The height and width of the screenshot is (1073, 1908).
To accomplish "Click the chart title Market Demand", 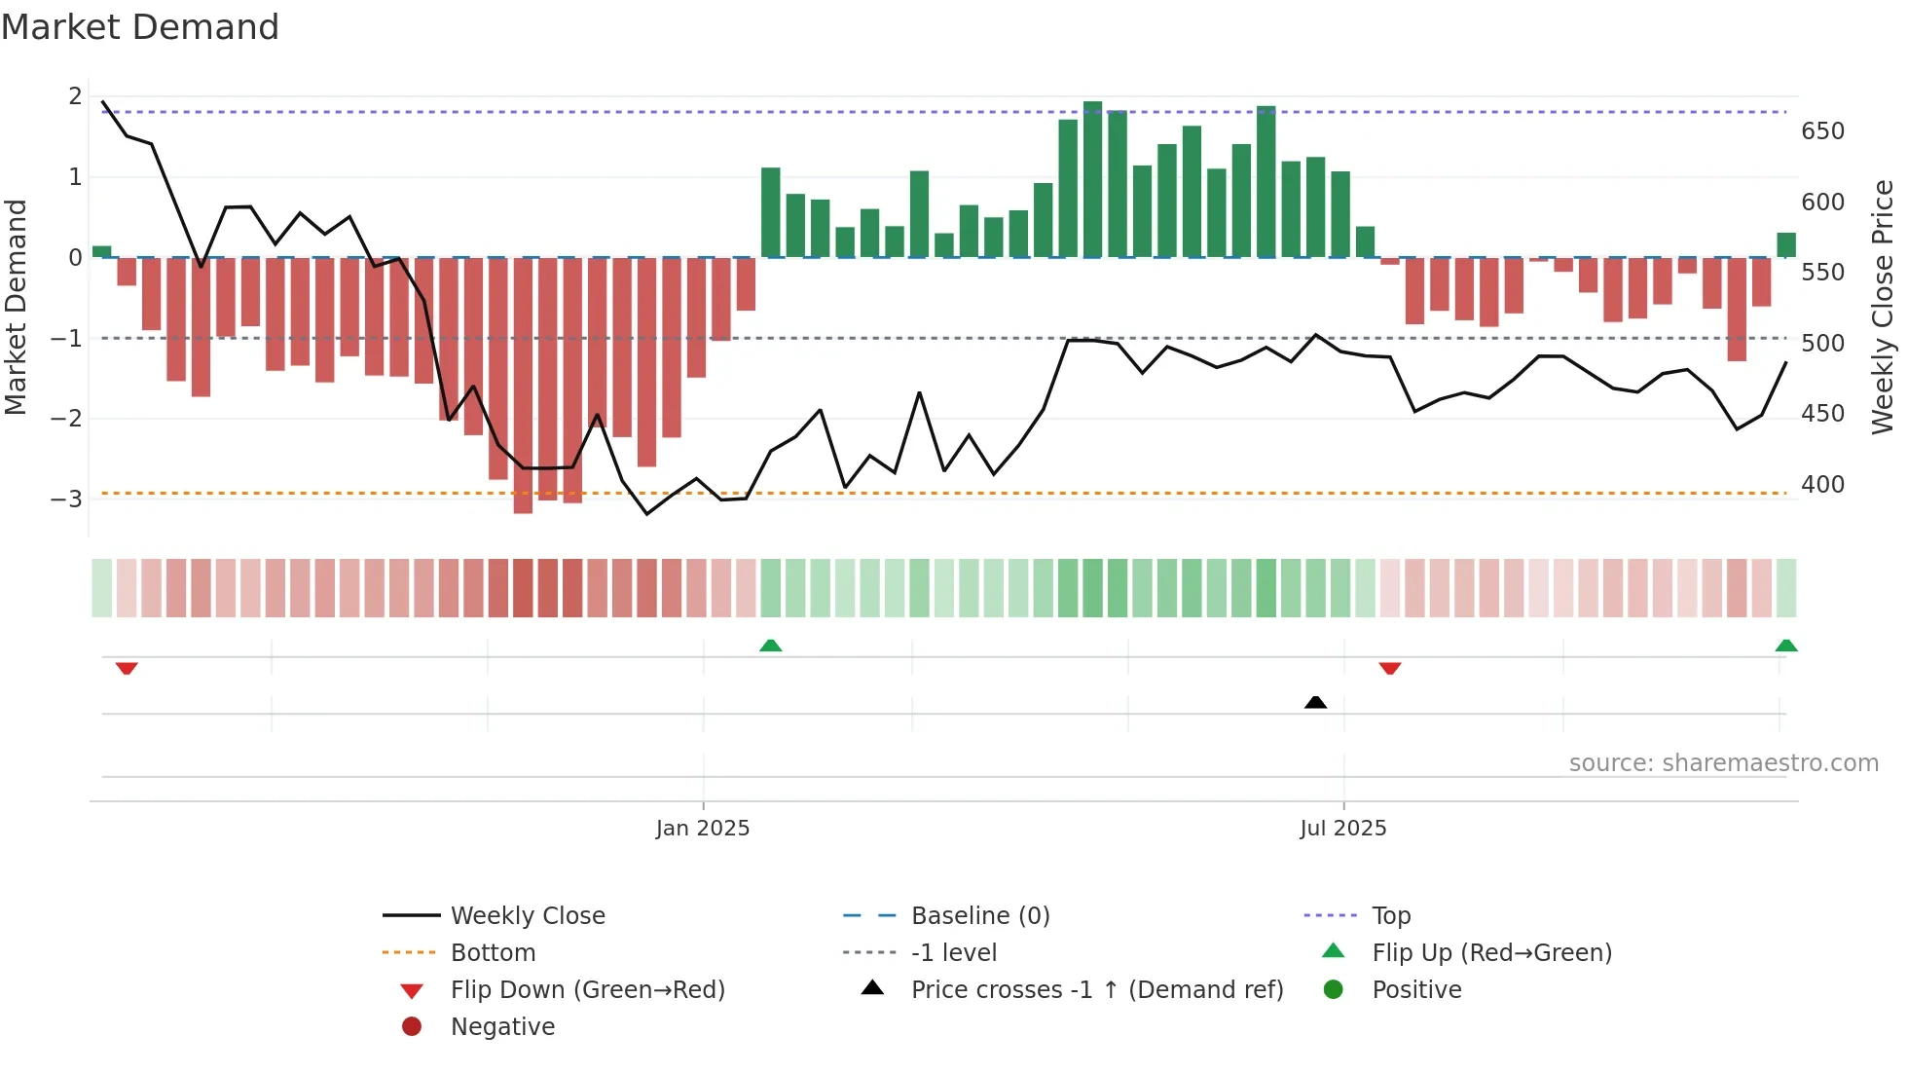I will [140, 27].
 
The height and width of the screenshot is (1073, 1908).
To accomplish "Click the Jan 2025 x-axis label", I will [702, 828].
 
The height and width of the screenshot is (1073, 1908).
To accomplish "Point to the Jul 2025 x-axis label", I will [1342, 828].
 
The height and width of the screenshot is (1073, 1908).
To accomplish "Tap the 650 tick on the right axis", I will [1822, 131].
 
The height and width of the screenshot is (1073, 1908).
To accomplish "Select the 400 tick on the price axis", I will [1822, 484].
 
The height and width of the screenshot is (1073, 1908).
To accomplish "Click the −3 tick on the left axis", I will [66, 499].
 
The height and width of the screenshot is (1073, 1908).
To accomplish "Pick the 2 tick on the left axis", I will [75, 95].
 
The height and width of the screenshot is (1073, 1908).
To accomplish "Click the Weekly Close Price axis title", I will [1883, 307].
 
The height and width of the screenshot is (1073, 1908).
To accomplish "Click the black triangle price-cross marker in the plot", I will [1315, 702].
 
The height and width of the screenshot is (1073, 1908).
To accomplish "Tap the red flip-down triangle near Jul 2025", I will [1389, 668].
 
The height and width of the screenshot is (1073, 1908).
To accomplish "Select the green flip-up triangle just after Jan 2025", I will [770, 645].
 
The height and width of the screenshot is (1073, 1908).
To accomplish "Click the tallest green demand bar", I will [1092, 179].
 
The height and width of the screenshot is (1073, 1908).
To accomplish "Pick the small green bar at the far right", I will [1785, 244].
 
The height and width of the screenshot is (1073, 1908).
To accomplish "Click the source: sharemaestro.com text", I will [1723, 762].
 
